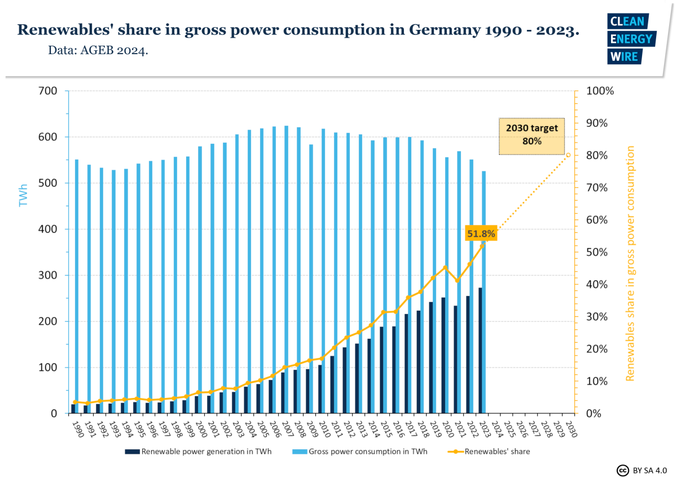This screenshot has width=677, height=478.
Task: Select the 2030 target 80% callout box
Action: click(x=531, y=135)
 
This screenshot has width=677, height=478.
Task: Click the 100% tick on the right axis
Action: click(x=600, y=91)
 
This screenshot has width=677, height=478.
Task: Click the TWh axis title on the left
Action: click(x=23, y=194)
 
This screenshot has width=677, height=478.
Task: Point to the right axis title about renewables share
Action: click(x=630, y=263)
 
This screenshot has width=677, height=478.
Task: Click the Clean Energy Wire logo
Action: click(x=631, y=39)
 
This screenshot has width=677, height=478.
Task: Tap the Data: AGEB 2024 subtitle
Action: click(x=98, y=51)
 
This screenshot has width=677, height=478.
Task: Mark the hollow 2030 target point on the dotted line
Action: click(x=569, y=155)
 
